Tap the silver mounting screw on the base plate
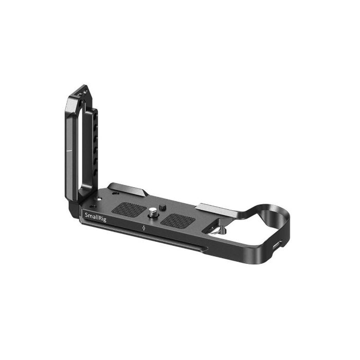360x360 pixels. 153,211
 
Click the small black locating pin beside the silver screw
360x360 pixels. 161,207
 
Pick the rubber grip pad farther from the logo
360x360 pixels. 178,221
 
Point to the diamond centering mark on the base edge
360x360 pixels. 143,227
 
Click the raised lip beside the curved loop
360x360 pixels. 217,208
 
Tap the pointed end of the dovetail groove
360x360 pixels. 206,250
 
